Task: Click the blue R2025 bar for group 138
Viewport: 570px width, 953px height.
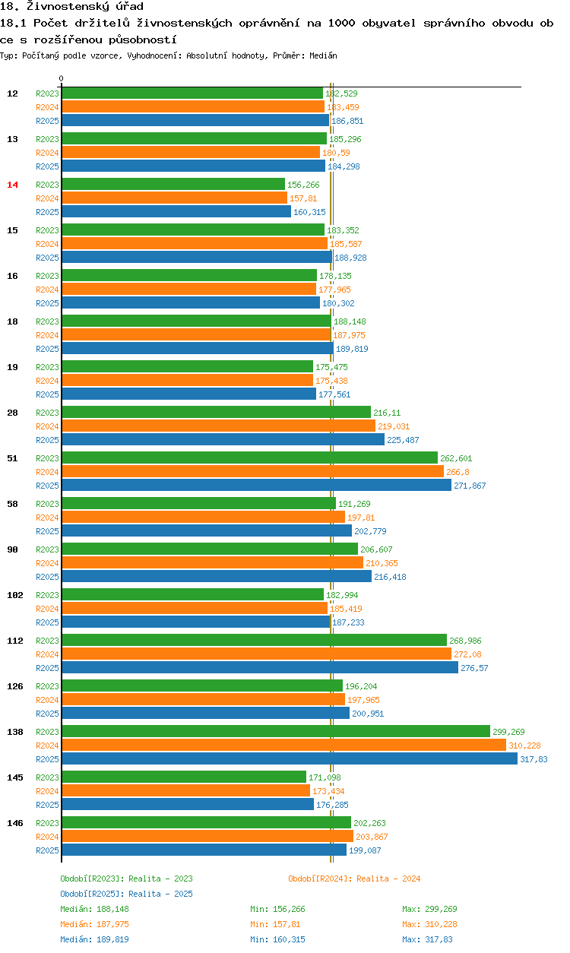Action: click(289, 759)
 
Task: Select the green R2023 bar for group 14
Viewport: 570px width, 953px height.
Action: click(173, 185)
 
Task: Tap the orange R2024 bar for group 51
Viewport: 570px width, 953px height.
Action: click(252, 472)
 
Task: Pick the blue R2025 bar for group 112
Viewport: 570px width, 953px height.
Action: click(259, 668)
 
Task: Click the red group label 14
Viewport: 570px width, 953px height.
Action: click(12, 185)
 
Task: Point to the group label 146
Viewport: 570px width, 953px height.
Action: click(14, 823)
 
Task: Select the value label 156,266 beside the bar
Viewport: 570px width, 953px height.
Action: click(303, 185)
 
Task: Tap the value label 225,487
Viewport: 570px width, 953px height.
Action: click(403, 440)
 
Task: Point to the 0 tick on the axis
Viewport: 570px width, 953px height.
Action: click(62, 78)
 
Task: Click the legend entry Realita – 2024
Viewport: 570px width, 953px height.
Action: click(354, 879)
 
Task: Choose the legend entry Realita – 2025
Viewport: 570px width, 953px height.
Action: click(126, 894)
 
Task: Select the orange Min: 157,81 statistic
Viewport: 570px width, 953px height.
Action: click(277, 924)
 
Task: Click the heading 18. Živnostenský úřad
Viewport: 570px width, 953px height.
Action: click(71, 7)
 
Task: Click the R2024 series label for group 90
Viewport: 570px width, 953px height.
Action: click(47, 563)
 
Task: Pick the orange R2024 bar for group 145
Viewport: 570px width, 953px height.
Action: click(185, 791)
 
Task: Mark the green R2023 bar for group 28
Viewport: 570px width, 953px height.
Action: click(216, 413)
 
